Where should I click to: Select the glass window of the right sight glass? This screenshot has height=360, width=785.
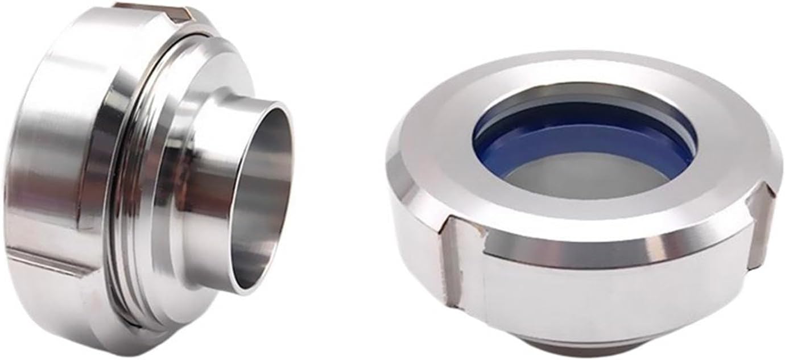pos(586,176)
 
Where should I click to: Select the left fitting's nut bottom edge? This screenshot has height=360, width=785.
pos(114,336)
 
